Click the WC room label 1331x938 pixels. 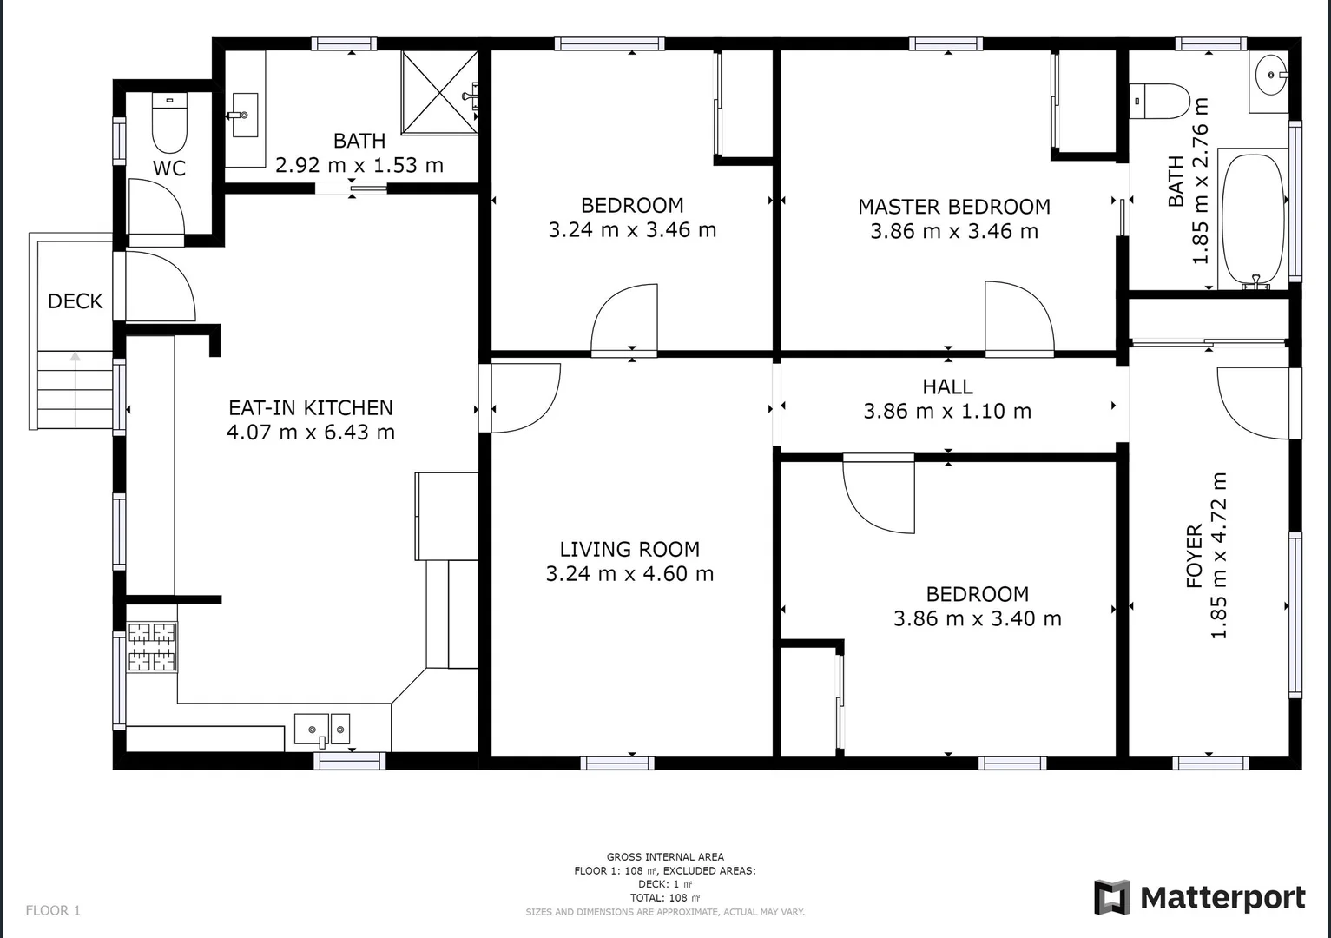pos(169,168)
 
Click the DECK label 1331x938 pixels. pos(76,301)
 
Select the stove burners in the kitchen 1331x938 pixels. pos(152,647)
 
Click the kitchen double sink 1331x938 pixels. pos(321,730)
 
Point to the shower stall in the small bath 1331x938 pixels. pos(438,93)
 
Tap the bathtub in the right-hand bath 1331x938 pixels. pos(1253,219)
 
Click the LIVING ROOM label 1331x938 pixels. pos(629,549)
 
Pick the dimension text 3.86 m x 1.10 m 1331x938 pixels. pos(947,411)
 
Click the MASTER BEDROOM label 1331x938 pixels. pos(954,207)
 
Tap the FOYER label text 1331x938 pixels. pos(1195,556)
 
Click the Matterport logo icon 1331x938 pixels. pos(1111,897)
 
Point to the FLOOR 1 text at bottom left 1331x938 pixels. pos(53,910)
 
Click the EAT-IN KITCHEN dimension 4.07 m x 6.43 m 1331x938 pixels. pos(311,432)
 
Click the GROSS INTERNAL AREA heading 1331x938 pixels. pos(665,856)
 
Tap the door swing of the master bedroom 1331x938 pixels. pos(1018,317)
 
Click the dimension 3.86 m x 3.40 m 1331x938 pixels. pos(978,618)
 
